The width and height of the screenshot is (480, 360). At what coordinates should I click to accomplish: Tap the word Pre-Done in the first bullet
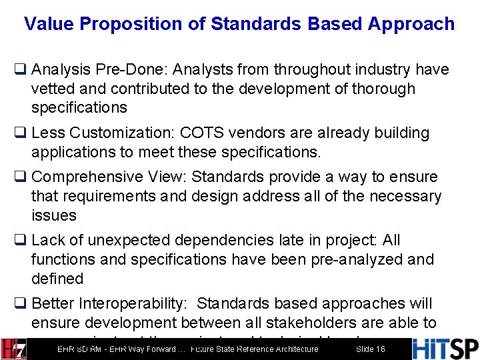[x=110, y=69]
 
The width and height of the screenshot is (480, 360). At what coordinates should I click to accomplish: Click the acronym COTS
[x=201, y=133]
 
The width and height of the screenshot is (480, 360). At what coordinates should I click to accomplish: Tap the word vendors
[x=254, y=133]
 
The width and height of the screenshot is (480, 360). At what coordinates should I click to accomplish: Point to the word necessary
[x=404, y=196]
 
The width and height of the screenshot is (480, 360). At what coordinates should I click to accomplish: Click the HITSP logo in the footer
[x=445, y=349]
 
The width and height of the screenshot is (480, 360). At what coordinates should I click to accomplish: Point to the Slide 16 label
[x=370, y=349]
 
